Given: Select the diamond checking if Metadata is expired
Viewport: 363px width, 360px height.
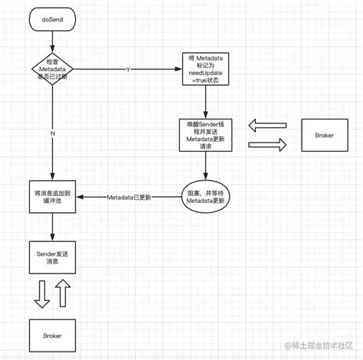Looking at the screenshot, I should pyautogui.click(x=52, y=70).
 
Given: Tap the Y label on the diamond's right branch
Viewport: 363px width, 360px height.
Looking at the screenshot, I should pyautogui.click(x=128, y=70).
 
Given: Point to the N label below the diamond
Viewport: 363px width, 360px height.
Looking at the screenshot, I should pyautogui.click(x=52, y=133).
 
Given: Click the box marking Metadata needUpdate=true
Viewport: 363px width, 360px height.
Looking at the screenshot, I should pyautogui.click(x=204, y=70).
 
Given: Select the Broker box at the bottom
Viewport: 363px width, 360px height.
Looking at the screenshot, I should pyautogui.click(x=52, y=336).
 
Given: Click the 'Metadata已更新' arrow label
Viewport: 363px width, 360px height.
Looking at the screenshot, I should pyautogui.click(x=129, y=197).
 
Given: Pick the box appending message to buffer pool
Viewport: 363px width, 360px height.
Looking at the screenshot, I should pyautogui.click(x=52, y=197).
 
